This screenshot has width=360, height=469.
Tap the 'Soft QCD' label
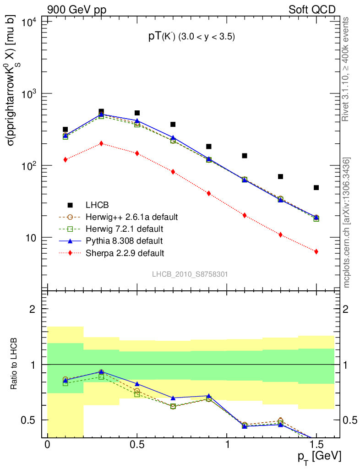coord(312,10)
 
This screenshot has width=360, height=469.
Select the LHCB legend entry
coord(96,205)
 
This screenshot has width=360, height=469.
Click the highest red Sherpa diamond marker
coord(101,143)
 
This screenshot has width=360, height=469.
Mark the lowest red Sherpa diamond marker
coord(316,251)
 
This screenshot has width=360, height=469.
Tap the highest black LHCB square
coord(101,111)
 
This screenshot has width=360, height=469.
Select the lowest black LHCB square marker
coord(316,187)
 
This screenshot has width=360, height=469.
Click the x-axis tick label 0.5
coord(137,445)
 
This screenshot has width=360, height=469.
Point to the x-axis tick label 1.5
coord(316,445)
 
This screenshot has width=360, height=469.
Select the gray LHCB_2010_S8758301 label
coord(190,274)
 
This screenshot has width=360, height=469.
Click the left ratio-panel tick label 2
coord(33,309)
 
